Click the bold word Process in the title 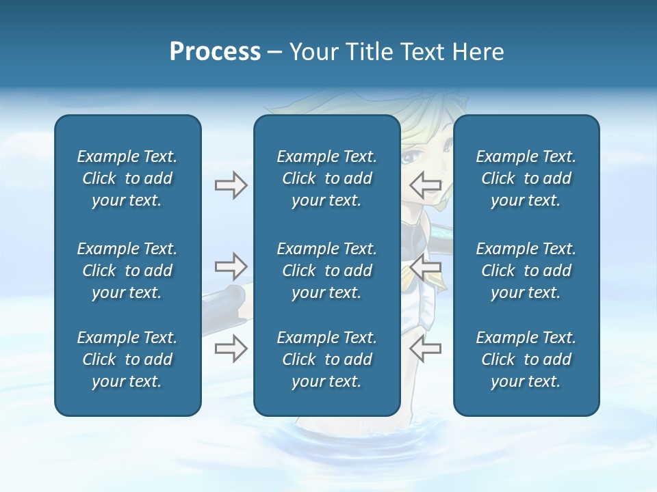coord(215,52)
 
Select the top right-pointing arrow coord(231,185)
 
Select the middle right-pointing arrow coord(231,265)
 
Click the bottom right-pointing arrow coord(231,348)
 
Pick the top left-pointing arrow coord(426,184)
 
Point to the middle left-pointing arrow coord(426,269)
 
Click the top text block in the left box coord(127,178)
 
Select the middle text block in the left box coord(127,271)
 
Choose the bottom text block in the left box coord(127,359)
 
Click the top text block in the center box coord(326,178)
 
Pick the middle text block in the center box coord(326,271)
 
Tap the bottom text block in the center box coord(326,359)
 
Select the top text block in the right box coord(526,178)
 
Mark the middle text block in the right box coord(526,271)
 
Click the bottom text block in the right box coord(526,359)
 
